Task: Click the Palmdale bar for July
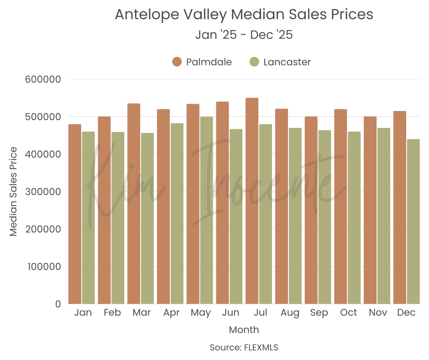(252, 201)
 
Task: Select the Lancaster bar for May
(207, 210)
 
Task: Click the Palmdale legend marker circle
(177, 62)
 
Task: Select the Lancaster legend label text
(287, 62)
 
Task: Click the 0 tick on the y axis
(58, 304)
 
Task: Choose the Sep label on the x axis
(319, 313)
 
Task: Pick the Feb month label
(112, 313)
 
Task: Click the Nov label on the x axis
(378, 313)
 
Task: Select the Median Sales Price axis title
(14, 191)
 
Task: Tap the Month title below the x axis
(244, 330)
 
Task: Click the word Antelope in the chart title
(141, 15)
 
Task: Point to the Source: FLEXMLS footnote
(244, 348)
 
